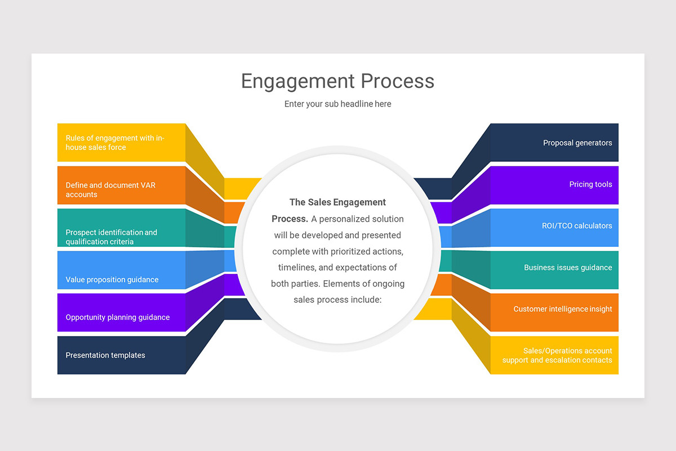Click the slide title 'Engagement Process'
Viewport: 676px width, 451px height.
click(x=337, y=81)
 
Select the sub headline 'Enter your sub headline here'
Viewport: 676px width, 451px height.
click(x=337, y=104)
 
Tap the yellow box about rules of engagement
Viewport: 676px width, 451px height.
click(x=121, y=143)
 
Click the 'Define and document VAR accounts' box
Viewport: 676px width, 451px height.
click(x=121, y=185)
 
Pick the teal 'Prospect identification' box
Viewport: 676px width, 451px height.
click(x=121, y=228)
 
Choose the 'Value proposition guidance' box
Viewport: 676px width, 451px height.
click(x=121, y=271)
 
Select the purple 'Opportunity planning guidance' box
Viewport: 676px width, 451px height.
click(x=121, y=313)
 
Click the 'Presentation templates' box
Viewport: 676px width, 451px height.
click(x=121, y=355)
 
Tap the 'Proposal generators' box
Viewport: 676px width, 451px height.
click(x=554, y=143)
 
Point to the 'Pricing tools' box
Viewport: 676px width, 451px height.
click(x=554, y=185)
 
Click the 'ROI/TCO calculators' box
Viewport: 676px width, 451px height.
click(x=554, y=227)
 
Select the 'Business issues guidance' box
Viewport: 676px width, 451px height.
click(x=554, y=269)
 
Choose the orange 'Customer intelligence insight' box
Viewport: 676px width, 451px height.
click(x=554, y=312)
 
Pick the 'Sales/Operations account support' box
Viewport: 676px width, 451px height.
click(x=554, y=355)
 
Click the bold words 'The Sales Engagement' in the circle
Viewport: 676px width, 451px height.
click(x=337, y=202)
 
